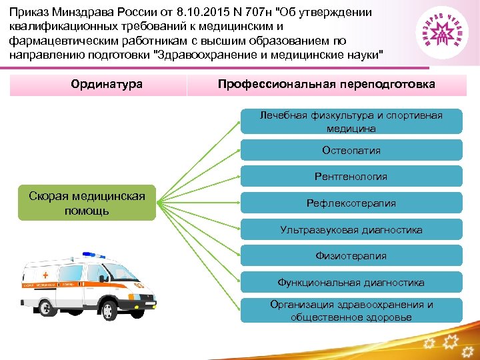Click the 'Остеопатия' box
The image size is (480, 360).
pyautogui.click(x=351, y=150)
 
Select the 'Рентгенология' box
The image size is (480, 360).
pyautogui.click(x=351, y=177)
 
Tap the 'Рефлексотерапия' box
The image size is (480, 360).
pyautogui.click(x=351, y=203)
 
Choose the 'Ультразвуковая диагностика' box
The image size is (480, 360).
pyautogui.click(x=351, y=230)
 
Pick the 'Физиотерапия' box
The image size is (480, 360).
pyautogui.click(x=351, y=256)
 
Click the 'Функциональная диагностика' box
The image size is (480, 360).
pyautogui.click(x=351, y=283)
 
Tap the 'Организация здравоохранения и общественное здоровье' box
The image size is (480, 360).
pyautogui.click(x=351, y=311)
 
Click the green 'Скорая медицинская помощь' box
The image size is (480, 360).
pyautogui.click(x=86, y=203)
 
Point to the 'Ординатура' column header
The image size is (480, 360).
pyautogui.click(x=107, y=85)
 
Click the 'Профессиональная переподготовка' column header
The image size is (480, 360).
pyautogui.click(x=326, y=85)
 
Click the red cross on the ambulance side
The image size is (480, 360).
pyautogui.click(x=45, y=274)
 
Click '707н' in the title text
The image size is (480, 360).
pyautogui.click(x=253, y=13)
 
